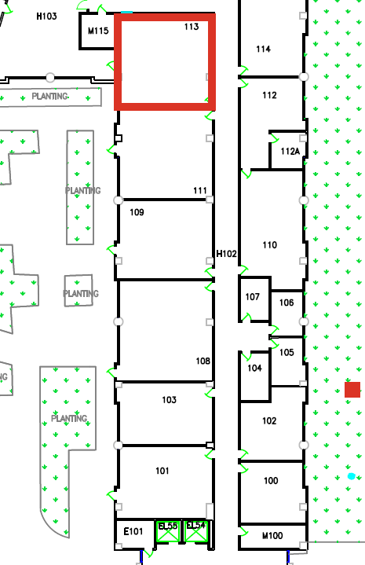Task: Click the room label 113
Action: pos(192,27)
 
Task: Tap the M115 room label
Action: pos(98,31)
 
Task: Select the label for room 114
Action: pos(264,49)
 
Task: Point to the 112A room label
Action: pos(290,152)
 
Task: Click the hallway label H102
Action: pos(226,254)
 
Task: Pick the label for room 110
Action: pos(269,245)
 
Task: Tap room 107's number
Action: pos(252,296)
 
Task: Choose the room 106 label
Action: pos(287,303)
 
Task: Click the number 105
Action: pos(287,352)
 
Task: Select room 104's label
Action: pos(254,368)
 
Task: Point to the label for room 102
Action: pos(269,421)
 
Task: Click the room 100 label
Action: pos(271,481)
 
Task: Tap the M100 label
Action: pos(272,536)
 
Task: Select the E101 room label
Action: pos(133,531)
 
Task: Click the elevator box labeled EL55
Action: pos(168,531)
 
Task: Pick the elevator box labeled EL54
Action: pos(196,531)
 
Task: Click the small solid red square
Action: pos(352,390)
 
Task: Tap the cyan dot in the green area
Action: pos(352,476)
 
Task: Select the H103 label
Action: pos(47,17)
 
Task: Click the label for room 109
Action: pos(137,212)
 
